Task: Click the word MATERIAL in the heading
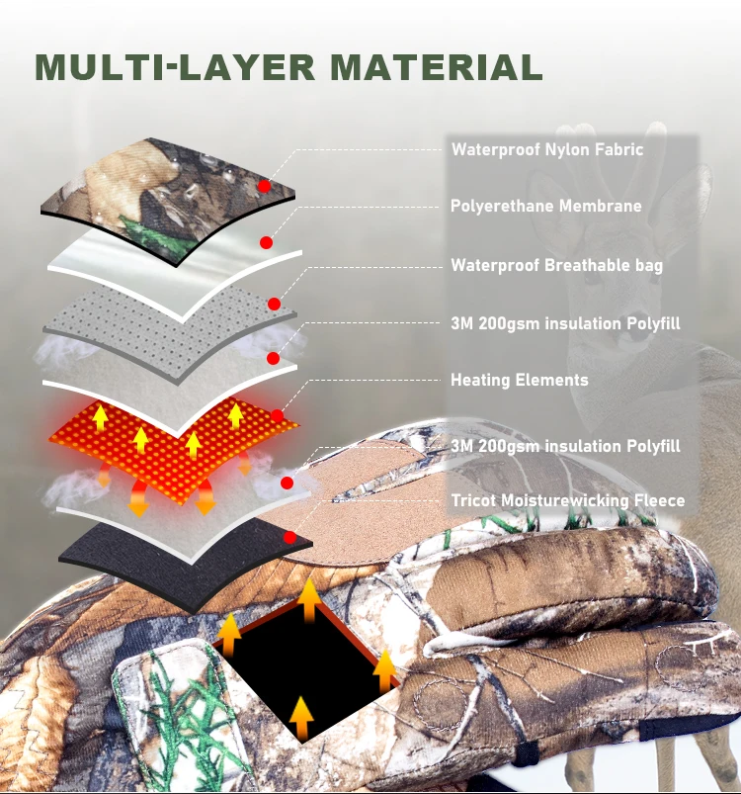coord(437,67)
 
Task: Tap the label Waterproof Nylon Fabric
coord(547,150)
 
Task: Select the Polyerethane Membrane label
coord(546,206)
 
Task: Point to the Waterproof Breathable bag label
coord(557,265)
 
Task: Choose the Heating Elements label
coord(520,380)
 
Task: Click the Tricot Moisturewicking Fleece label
coord(568,500)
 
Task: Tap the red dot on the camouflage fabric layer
coord(264,186)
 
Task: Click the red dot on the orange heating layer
coord(278,416)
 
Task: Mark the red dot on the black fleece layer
coord(289,537)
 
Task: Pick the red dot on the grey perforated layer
coord(274,304)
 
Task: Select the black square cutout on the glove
coord(303,671)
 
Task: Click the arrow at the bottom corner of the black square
coord(301,718)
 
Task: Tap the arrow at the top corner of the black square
coord(309,601)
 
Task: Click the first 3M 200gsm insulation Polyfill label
coord(565,323)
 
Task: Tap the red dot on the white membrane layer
coord(266,242)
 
